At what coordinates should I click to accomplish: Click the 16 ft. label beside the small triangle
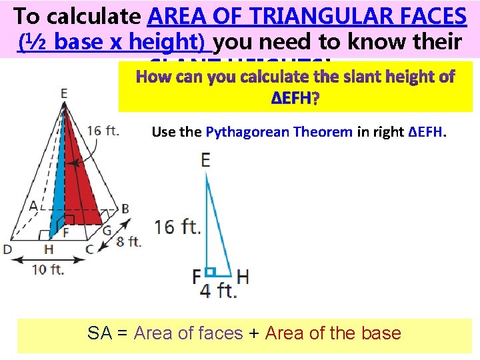tap(178, 227)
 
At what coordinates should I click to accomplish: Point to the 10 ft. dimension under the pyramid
tap(49, 269)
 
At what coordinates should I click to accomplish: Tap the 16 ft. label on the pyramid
tap(103, 130)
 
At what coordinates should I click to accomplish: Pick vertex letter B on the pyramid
tap(125, 208)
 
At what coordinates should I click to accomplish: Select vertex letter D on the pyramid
tap(7, 249)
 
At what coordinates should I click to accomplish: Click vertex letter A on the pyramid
tap(33, 206)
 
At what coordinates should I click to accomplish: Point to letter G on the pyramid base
tap(107, 231)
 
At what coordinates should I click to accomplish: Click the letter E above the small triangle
tap(205, 160)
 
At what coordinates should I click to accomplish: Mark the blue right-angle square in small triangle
tap(209, 272)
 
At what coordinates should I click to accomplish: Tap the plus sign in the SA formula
tap(253, 333)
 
